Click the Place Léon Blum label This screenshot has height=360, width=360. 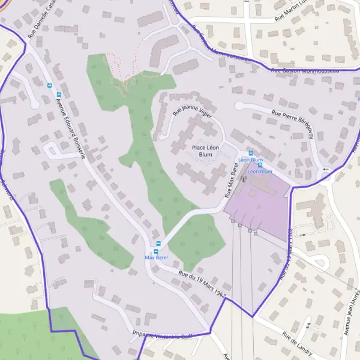coord(202,151)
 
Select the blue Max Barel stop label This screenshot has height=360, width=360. coord(155,257)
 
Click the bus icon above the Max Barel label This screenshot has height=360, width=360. coord(158,244)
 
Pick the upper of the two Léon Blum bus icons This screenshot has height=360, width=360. coord(251,153)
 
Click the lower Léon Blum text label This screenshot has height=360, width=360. coord(260,172)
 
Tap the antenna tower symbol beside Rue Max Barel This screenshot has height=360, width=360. coord(243,178)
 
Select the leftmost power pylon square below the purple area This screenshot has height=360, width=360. coord(233,221)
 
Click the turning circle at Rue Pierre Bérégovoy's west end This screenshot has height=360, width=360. coord(239,106)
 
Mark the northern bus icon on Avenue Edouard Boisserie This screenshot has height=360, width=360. coord(49,85)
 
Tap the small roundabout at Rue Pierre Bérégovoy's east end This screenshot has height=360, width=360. coord(325,170)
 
